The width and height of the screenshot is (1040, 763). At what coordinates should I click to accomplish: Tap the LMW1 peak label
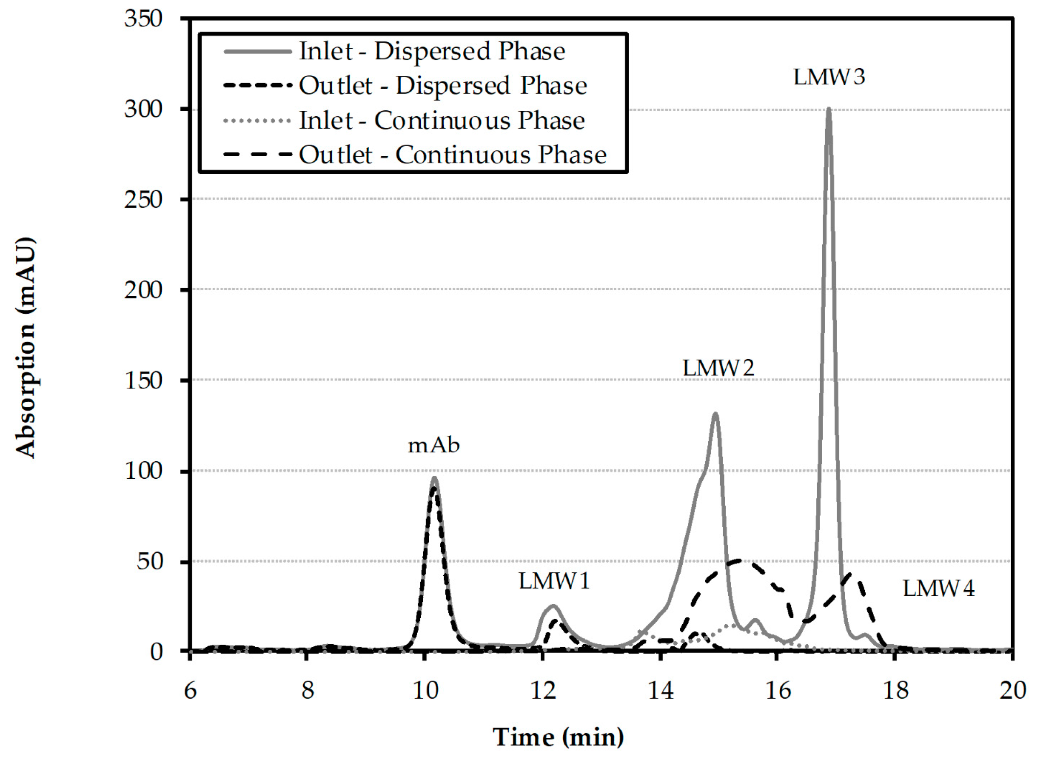(x=554, y=581)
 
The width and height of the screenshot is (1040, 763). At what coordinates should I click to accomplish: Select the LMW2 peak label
(x=718, y=368)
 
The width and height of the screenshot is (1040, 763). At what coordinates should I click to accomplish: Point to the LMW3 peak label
(x=829, y=77)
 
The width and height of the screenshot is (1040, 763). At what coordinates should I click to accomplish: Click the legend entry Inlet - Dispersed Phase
(x=432, y=51)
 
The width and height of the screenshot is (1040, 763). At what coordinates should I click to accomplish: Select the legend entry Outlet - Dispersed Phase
(x=443, y=86)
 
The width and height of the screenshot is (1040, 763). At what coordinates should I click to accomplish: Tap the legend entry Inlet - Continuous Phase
(x=441, y=120)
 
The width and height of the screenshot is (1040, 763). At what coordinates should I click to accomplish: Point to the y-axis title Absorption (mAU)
(x=26, y=347)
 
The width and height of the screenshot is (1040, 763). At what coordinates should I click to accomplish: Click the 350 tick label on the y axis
(x=143, y=19)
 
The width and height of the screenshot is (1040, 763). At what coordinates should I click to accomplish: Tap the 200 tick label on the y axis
(x=143, y=290)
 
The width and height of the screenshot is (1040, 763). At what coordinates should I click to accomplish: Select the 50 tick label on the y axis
(x=150, y=562)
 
